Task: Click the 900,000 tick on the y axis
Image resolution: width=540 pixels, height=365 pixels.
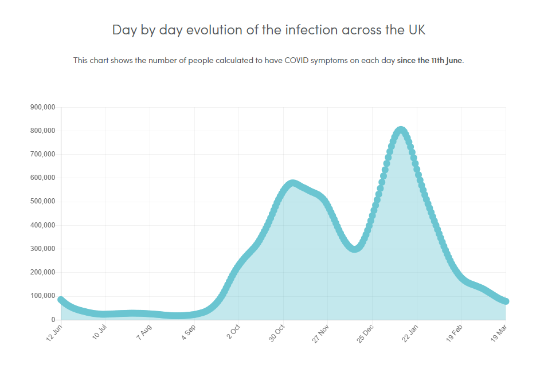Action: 42,107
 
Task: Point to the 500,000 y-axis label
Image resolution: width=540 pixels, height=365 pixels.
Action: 42,202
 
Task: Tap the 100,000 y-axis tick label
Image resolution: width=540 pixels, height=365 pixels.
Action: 42,296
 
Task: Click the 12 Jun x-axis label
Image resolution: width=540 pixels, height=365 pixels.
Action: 54,331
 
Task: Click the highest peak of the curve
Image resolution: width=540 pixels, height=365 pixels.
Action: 401,131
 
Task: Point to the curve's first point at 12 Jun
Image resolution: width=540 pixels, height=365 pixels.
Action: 61,300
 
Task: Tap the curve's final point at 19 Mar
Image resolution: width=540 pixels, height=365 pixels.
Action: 506,301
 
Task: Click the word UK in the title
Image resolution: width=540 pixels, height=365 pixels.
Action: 417,30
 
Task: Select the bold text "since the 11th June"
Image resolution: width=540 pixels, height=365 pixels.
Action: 429,60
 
